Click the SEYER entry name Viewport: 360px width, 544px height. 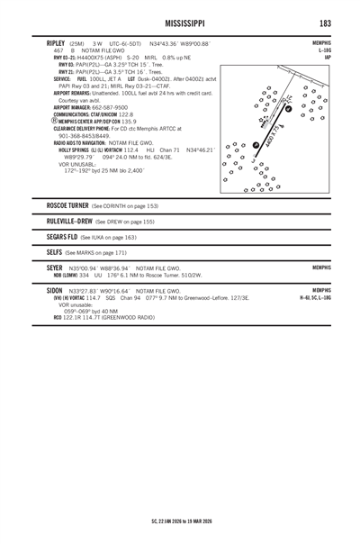(58, 267)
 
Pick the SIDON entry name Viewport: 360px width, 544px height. (57, 291)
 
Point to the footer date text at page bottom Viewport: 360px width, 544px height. (180, 520)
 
